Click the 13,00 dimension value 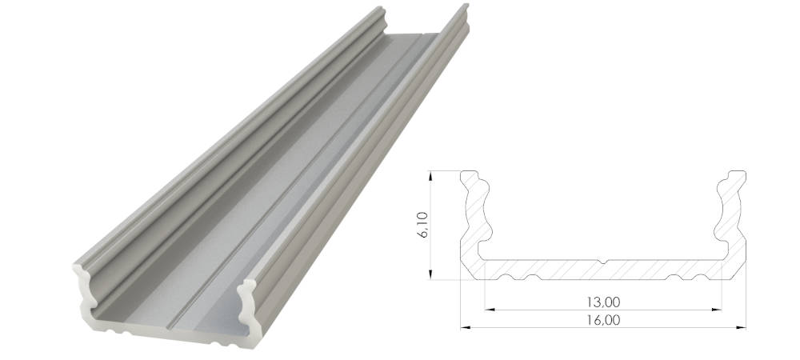[603, 302]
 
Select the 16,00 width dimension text [603, 320]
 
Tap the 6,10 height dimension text [422, 225]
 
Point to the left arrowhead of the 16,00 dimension [465, 327]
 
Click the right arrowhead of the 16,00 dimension [742, 327]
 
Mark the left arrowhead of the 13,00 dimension [489, 309]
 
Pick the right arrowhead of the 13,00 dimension [718, 309]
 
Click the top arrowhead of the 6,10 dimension [430, 175]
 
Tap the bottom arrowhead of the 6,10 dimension [430, 275]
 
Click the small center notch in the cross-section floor [603, 262]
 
